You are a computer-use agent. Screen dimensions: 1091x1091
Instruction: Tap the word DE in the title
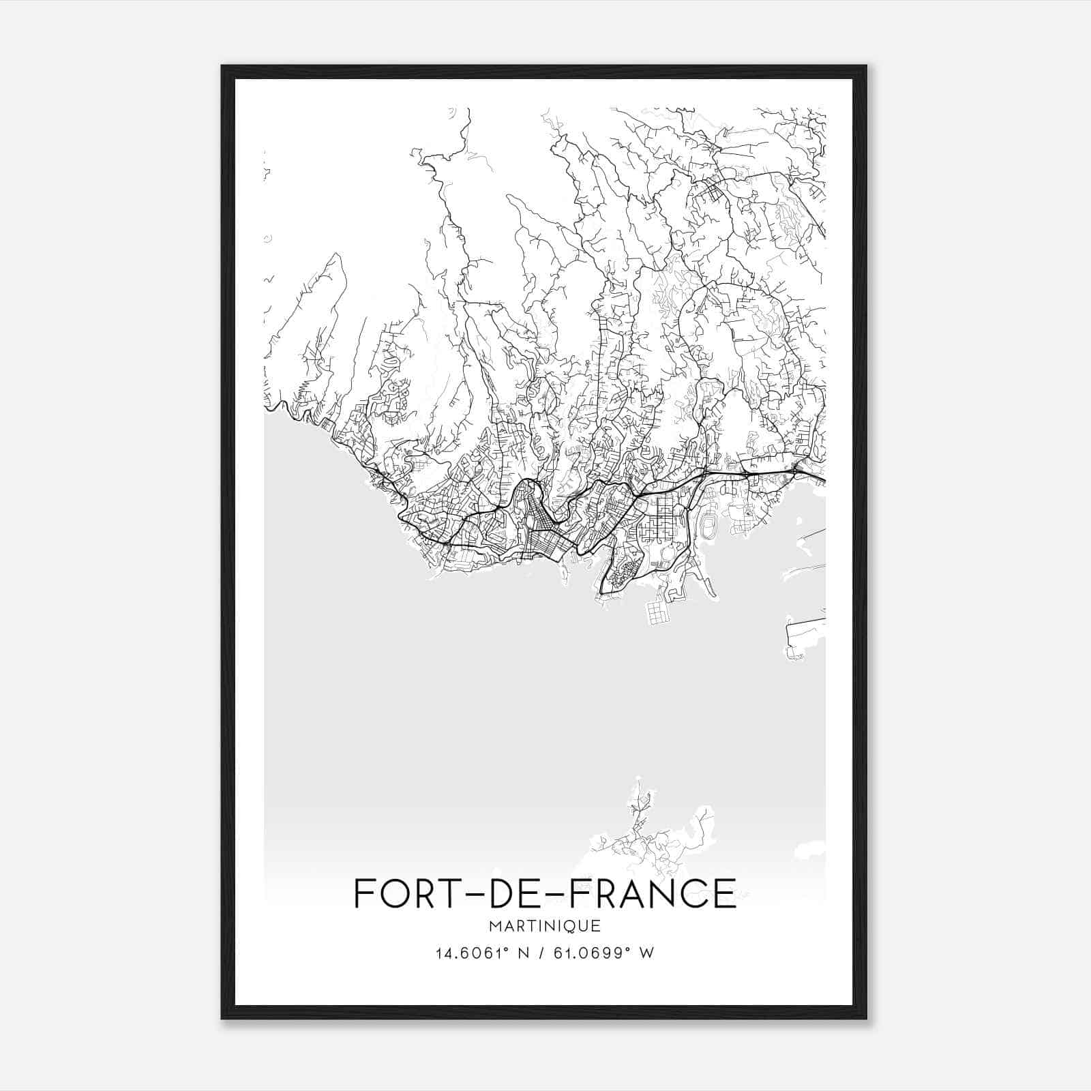[x=513, y=893]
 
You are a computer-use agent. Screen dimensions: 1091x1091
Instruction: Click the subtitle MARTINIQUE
[x=544, y=926]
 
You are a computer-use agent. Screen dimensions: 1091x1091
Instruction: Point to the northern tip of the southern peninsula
[x=639, y=779]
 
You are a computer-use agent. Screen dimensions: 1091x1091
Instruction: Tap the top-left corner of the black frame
[x=223, y=67]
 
